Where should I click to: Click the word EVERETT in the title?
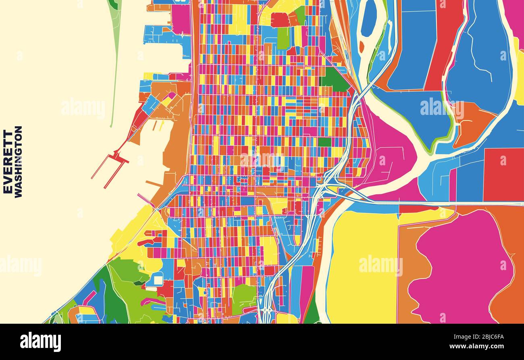(8, 162)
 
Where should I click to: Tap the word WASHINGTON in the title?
(19, 162)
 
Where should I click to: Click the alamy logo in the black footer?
(40, 342)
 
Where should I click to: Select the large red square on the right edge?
(503, 174)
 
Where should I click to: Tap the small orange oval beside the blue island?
(361, 46)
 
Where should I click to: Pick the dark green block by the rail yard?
(333, 79)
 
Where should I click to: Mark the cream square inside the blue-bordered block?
(158, 279)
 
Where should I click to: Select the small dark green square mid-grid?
(324, 142)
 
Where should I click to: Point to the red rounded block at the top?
(280, 20)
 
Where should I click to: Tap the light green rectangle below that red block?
(283, 38)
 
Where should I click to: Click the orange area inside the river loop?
(472, 121)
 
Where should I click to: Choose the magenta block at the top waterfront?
(181, 19)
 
